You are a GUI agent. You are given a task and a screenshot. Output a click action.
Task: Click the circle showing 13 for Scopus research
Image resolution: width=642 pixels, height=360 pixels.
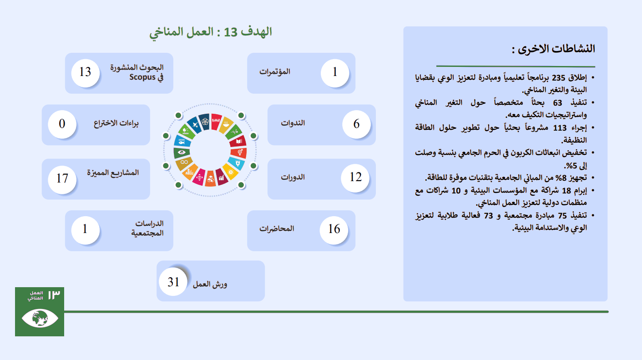pyautogui.click(x=85, y=73)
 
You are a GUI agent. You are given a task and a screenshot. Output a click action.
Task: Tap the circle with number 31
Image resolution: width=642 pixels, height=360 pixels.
pyautogui.click(x=173, y=282)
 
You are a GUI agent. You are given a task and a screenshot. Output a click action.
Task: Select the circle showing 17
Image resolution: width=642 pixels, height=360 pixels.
pyautogui.click(x=62, y=179)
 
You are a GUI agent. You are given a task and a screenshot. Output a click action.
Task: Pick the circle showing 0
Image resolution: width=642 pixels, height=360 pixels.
pyautogui.click(x=62, y=124)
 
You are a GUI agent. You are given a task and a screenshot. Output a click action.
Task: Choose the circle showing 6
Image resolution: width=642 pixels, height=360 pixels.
pyautogui.click(x=357, y=124)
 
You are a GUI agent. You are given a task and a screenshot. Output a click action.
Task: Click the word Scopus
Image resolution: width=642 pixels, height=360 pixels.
pyautogui.click(x=142, y=77)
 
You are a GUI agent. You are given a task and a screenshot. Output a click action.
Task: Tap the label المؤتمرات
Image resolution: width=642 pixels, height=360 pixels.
pyautogui.click(x=274, y=71)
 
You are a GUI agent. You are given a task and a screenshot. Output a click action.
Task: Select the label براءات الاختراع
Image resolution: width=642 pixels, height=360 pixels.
pyautogui.click(x=116, y=123)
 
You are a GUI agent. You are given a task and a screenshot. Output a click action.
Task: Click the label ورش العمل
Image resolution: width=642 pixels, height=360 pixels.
pyautogui.click(x=210, y=284)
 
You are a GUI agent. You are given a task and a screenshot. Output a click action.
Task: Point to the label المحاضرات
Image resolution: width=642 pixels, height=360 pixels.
pyautogui.click(x=277, y=229)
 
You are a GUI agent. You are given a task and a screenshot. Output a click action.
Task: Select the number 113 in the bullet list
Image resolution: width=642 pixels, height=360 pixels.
pyautogui.click(x=560, y=128)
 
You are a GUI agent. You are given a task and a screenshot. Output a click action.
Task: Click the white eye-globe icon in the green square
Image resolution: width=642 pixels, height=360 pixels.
pyautogui.click(x=40, y=318)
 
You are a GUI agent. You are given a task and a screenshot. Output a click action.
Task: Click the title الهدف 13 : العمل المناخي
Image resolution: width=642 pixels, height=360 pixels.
pyautogui.click(x=210, y=32)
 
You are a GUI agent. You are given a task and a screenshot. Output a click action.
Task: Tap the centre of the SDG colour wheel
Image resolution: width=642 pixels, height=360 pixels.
pyautogui.click(x=210, y=150)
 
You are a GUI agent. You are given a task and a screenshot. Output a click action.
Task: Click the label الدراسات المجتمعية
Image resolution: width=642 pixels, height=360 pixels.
pyautogui.click(x=147, y=228)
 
